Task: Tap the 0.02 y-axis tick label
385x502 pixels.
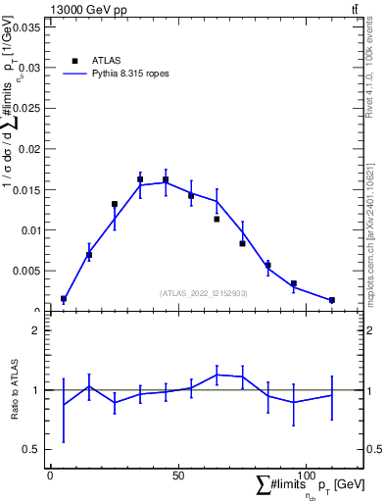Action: (27, 149)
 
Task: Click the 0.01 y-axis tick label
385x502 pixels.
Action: (27, 230)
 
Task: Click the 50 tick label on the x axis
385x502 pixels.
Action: (177, 476)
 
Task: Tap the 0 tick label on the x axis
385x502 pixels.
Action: (50, 476)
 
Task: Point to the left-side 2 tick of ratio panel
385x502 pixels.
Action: (34, 330)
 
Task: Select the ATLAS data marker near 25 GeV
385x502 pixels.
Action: (115, 204)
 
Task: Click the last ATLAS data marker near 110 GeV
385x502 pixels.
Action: (332, 300)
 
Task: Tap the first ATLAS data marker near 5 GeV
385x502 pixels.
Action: (64, 299)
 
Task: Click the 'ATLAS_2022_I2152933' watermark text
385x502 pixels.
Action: (204, 292)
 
